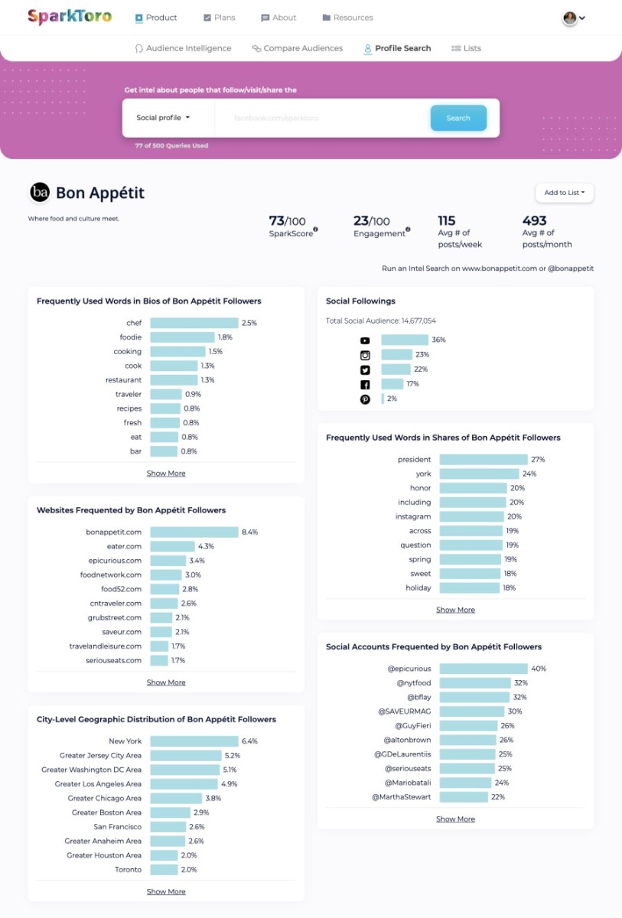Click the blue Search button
click(x=458, y=118)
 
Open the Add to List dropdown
click(x=564, y=193)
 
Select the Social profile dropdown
click(x=163, y=118)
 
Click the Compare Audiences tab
click(x=297, y=48)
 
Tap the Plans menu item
click(x=220, y=18)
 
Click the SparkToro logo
click(x=70, y=17)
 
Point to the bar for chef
click(x=194, y=324)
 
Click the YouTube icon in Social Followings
click(x=365, y=340)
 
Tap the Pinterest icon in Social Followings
click(x=365, y=399)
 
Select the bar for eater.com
click(x=171, y=546)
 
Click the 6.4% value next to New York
click(x=249, y=741)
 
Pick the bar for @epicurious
click(x=484, y=669)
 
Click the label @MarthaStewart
click(x=401, y=797)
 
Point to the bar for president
click(x=484, y=460)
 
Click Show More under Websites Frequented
click(x=166, y=682)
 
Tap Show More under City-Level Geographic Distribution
click(x=166, y=891)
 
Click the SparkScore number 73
click(x=277, y=221)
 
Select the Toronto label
click(x=129, y=870)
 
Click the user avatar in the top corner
click(x=570, y=18)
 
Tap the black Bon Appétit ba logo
click(x=40, y=193)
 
